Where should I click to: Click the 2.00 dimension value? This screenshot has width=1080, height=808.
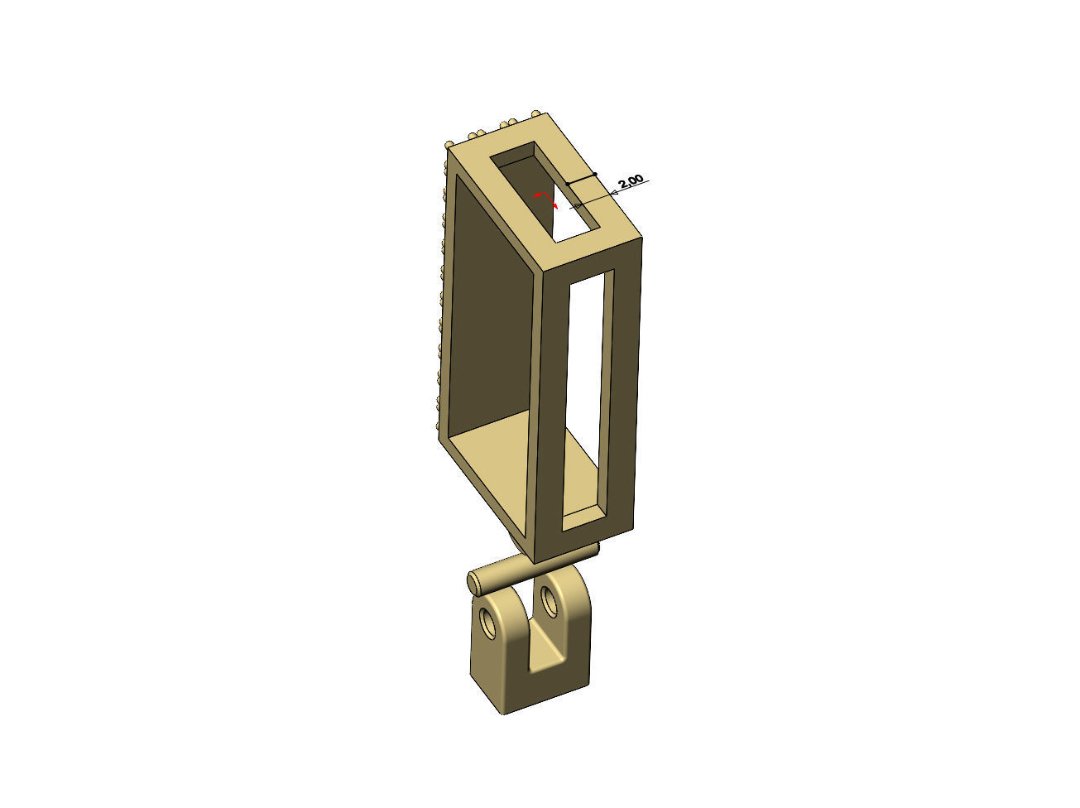point(630,180)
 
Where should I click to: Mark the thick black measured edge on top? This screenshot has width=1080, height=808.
point(580,178)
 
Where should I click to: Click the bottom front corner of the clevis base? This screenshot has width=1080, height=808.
point(505,710)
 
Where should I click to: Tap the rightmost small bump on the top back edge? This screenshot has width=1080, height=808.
point(540,113)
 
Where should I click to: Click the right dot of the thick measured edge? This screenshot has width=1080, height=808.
point(595,174)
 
